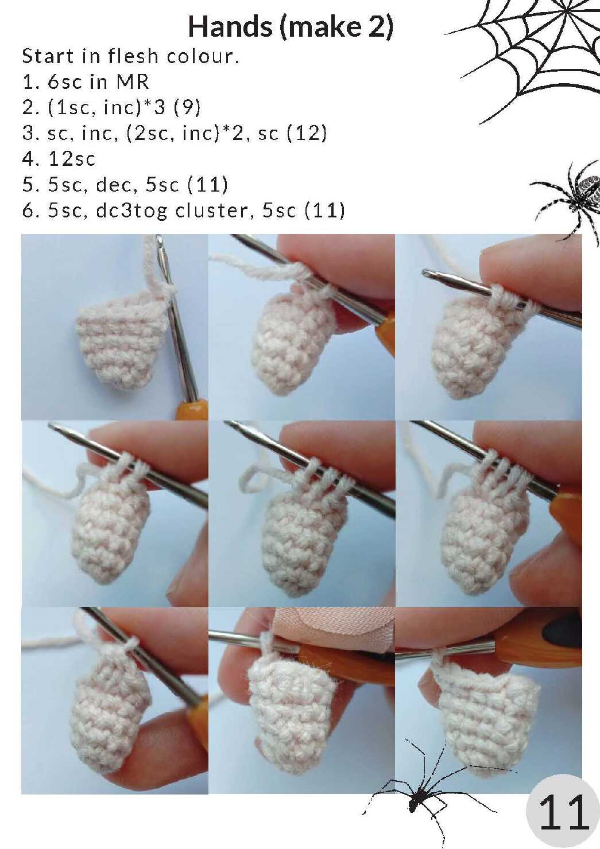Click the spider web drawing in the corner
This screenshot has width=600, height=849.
click(x=531, y=57)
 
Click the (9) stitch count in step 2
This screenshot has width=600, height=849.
click(x=187, y=108)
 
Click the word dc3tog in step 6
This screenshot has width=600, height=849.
click(x=131, y=211)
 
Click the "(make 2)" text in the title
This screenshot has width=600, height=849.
click(x=336, y=28)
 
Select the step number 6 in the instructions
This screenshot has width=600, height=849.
click(x=27, y=211)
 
